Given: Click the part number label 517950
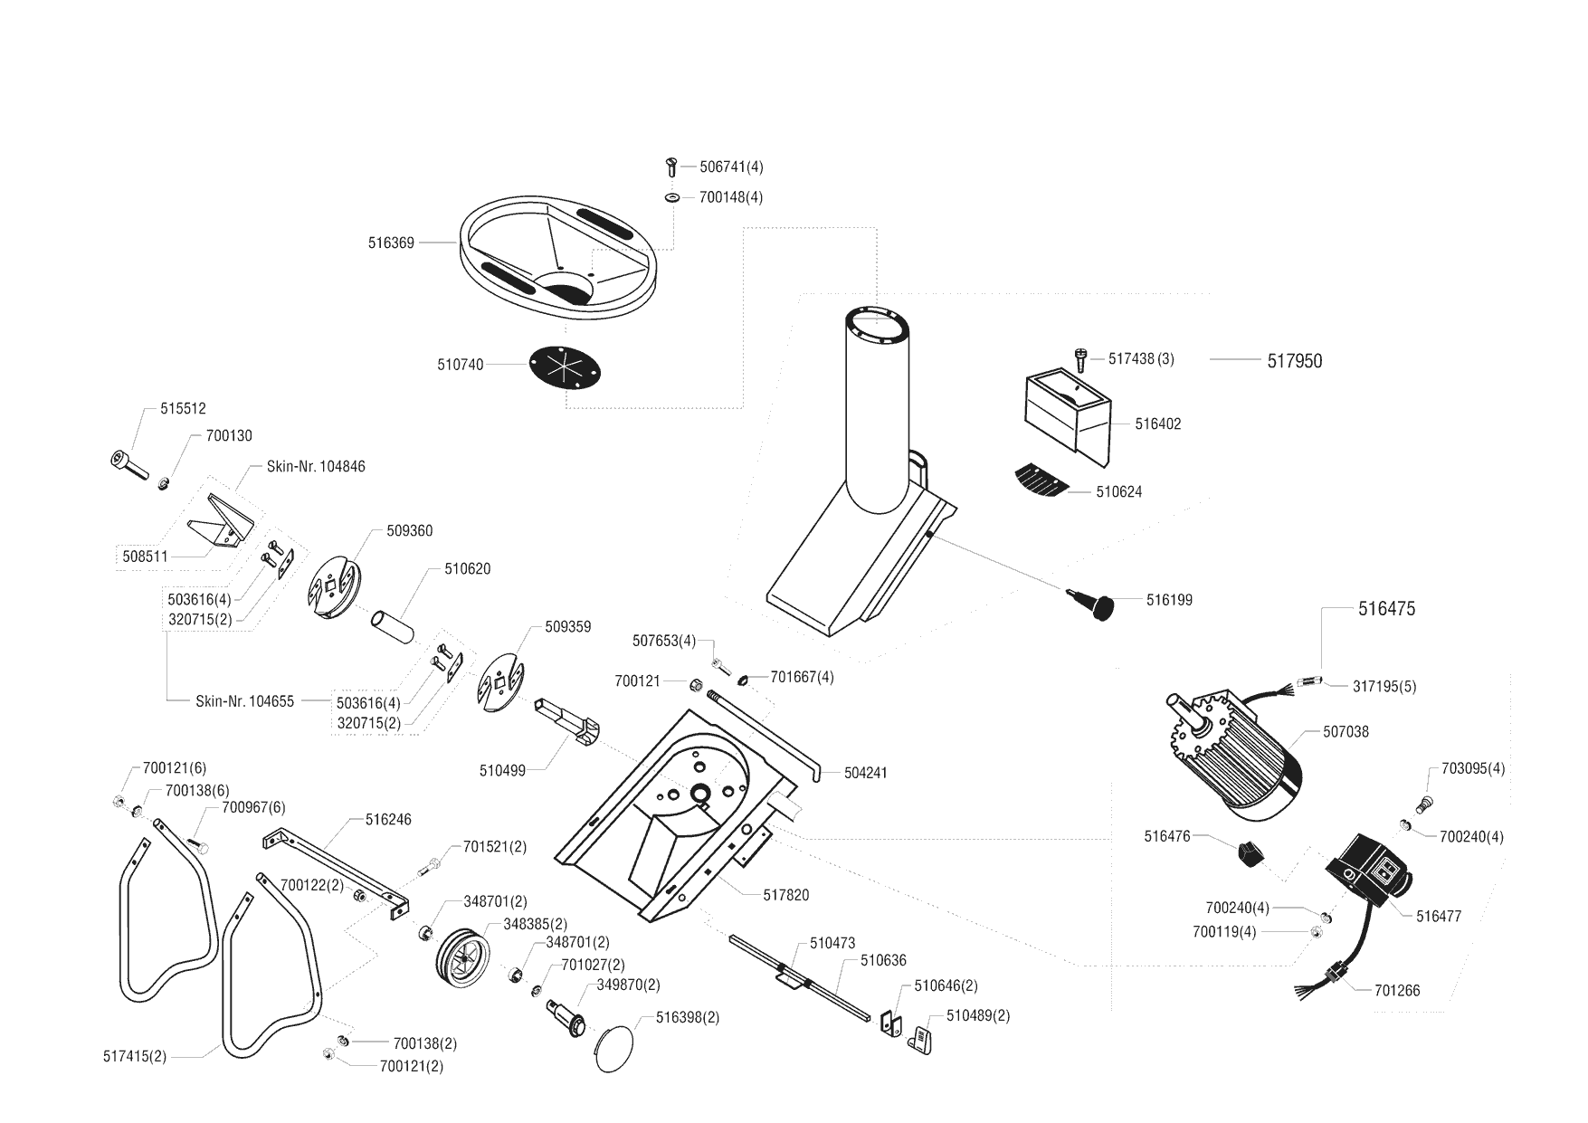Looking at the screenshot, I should pos(1294,361).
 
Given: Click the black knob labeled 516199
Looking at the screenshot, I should pos(1101,605).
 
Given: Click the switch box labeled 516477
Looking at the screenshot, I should pos(1368,876).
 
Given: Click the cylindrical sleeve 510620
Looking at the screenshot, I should pos(393,624).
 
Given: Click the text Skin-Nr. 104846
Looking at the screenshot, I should pos(316,467).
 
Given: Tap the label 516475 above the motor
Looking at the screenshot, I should pos(1386,609).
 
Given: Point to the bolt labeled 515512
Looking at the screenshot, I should pos(130,464).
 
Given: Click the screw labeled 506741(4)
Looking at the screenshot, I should pos(670,167).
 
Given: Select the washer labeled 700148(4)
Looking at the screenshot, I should pos(672,196).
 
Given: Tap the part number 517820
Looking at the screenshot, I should pos(785,895).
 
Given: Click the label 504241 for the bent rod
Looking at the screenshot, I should pos(865,773).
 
